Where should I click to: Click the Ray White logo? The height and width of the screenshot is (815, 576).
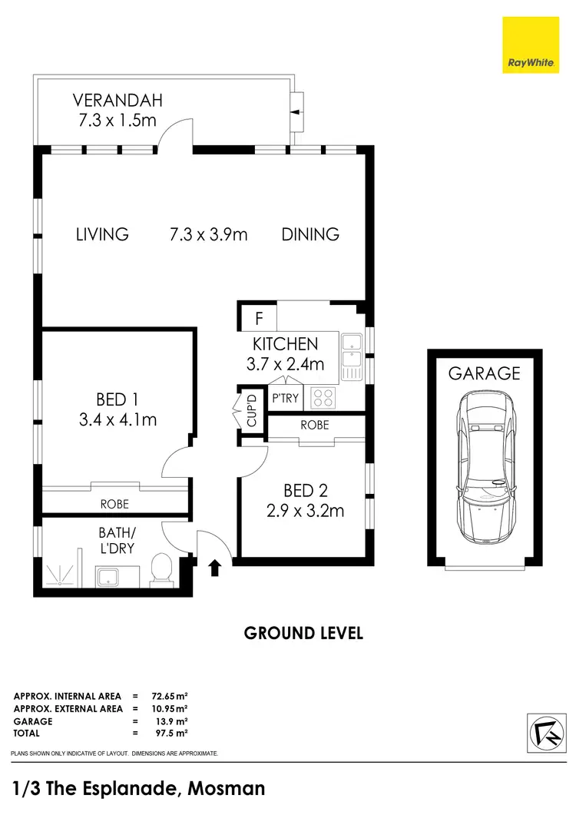coord(530,45)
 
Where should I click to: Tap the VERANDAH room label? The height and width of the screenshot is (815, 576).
coord(118,100)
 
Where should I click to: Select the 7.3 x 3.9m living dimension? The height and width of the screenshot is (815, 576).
coord(208,234)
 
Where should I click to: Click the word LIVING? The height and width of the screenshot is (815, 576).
coord(102,234)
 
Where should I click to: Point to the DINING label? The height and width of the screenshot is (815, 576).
coord(310,234)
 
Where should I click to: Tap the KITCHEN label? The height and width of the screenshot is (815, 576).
coord(285,343)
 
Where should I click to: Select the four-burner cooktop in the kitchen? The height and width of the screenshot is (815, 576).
coord(323,398)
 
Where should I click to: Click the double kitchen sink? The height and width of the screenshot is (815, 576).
coord(353,356)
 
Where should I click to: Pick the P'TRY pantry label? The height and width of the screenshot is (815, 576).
coord(285,399)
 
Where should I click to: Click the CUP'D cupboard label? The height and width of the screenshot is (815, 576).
coord(250,412)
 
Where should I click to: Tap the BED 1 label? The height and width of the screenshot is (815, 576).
coord(118,399)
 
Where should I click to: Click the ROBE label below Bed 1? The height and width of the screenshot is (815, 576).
coord(114,505)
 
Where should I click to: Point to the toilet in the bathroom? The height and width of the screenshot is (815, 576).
coord(162,569)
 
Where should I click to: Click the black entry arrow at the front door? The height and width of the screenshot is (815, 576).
coord(216,568)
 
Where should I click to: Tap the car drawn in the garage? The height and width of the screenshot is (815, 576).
coord(484,468)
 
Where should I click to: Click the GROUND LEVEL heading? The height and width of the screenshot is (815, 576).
coord(303,634)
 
